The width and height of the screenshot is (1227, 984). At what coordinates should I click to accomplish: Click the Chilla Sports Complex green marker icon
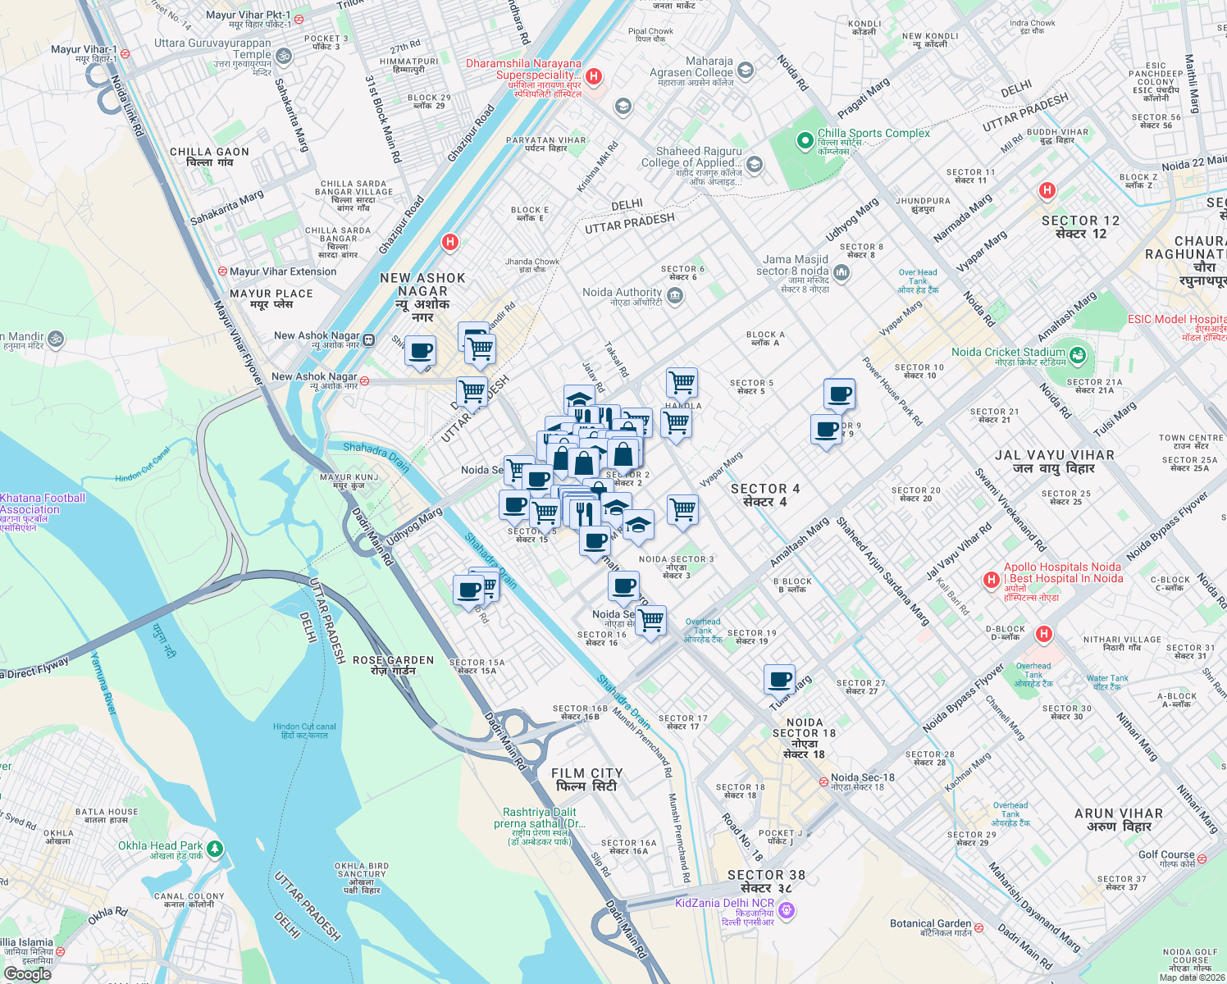point(805,141)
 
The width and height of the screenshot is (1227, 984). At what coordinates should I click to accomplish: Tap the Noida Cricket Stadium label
point(1008,353)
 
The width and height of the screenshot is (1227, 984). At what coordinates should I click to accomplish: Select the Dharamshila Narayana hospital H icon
point(595,76)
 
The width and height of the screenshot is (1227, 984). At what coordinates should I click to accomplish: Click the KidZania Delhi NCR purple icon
point(787,909)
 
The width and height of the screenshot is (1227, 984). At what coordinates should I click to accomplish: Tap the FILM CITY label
point(586,779)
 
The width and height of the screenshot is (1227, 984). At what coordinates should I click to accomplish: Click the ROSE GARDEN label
point(393,665)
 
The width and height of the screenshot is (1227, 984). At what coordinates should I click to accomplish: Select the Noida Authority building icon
point(675,296)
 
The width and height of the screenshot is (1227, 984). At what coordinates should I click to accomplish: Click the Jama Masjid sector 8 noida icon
point(841,272)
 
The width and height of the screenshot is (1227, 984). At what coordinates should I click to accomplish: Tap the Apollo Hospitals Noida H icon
point(991,580)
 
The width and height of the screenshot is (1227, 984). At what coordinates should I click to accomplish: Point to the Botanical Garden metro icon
point(978,927)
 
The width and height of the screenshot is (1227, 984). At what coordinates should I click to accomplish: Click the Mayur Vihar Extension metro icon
point(222,271)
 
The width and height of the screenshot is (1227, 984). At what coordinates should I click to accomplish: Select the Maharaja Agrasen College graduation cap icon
point(746,70)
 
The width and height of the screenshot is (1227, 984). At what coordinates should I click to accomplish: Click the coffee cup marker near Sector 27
point(779,680)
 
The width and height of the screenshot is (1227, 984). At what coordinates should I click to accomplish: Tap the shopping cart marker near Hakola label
point(682,382)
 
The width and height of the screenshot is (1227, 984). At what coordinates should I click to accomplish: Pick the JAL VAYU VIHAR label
point(1054,462)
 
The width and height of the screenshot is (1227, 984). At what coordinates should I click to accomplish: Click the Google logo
point(27,973)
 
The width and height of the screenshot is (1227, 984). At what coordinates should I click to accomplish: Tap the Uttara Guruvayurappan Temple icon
point(283,56)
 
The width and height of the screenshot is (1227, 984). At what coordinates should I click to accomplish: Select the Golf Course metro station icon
point(1202,859)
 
